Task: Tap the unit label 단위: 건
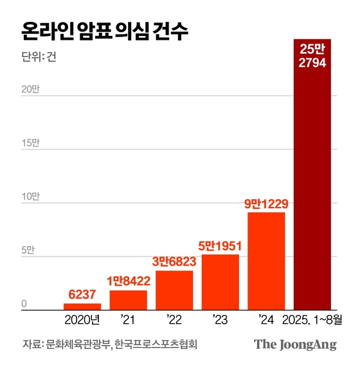coord(39,56)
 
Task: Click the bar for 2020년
coord(82,307)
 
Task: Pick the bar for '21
coord(129,300)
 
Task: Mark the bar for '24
coord(266,261)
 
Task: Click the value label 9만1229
coord(266,204)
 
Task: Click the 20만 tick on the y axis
coord(30,89)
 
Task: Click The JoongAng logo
coord(295,344)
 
